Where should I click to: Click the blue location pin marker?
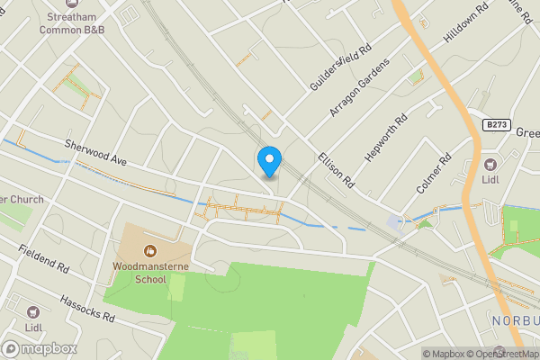pos(269,161)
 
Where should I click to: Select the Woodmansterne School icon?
pos(150,248)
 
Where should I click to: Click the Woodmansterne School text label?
pos(139,273)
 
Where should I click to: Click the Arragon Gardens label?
pos(360,88)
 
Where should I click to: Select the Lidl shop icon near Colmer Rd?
pos(490,165)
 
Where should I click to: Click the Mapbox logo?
pos(40,349)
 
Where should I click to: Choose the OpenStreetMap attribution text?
pos(501,354)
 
